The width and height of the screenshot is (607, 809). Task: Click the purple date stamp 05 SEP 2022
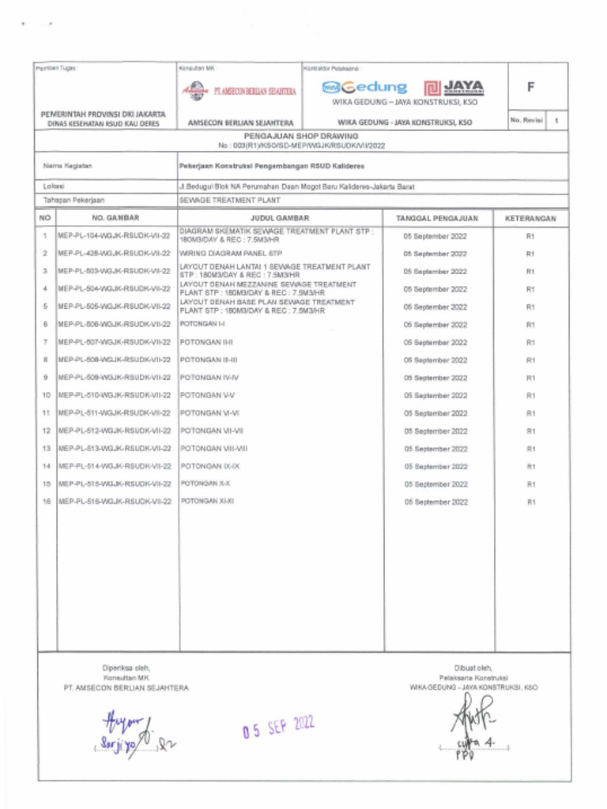(x=278, y=726)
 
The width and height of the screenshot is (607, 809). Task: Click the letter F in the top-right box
(x=537, y=88)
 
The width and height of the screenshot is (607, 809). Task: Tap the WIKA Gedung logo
(x=364, y=88)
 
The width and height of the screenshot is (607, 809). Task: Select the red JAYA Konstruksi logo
(x=454, y=88)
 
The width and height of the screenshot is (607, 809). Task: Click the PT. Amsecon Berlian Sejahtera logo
(x=238, y=91)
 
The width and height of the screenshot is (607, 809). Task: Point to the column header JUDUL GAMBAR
(x=280, y=217)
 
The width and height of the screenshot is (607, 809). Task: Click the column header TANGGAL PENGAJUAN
(x=437, y=217)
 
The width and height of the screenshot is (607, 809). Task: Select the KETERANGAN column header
(x=530, y=217)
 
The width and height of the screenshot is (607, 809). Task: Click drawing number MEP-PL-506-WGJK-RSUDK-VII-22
(x=115, y=325)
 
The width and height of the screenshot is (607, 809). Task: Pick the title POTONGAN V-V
(x=207, y=395)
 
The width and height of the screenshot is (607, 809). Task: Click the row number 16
(x=46, y=502)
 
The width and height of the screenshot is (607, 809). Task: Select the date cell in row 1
(x=435, y=235)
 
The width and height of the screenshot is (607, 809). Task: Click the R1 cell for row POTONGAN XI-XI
(x=530, y=502)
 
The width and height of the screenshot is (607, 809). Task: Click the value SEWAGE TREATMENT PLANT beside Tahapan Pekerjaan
(x=230, y=201)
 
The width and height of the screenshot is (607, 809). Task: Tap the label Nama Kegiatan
(x=67, y=166)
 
